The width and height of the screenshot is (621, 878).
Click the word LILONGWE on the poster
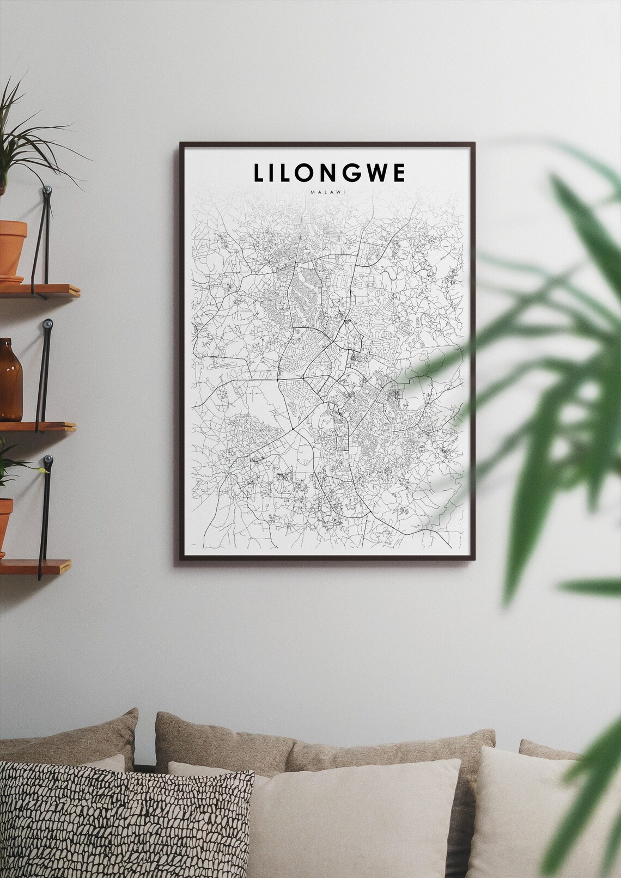click(x=329, y=173)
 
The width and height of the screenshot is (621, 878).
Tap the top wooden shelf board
click(x=41, y=290)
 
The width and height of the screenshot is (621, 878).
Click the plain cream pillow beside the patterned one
click(x=354, y=817)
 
